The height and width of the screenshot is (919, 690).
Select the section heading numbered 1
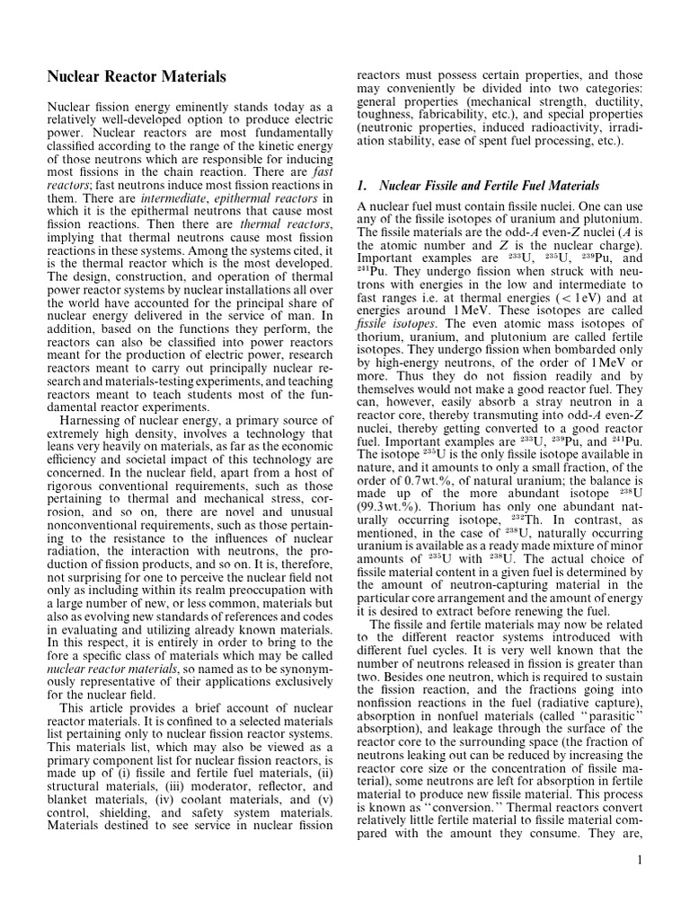[478, 186]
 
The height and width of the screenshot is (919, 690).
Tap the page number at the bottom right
[639, 861]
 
